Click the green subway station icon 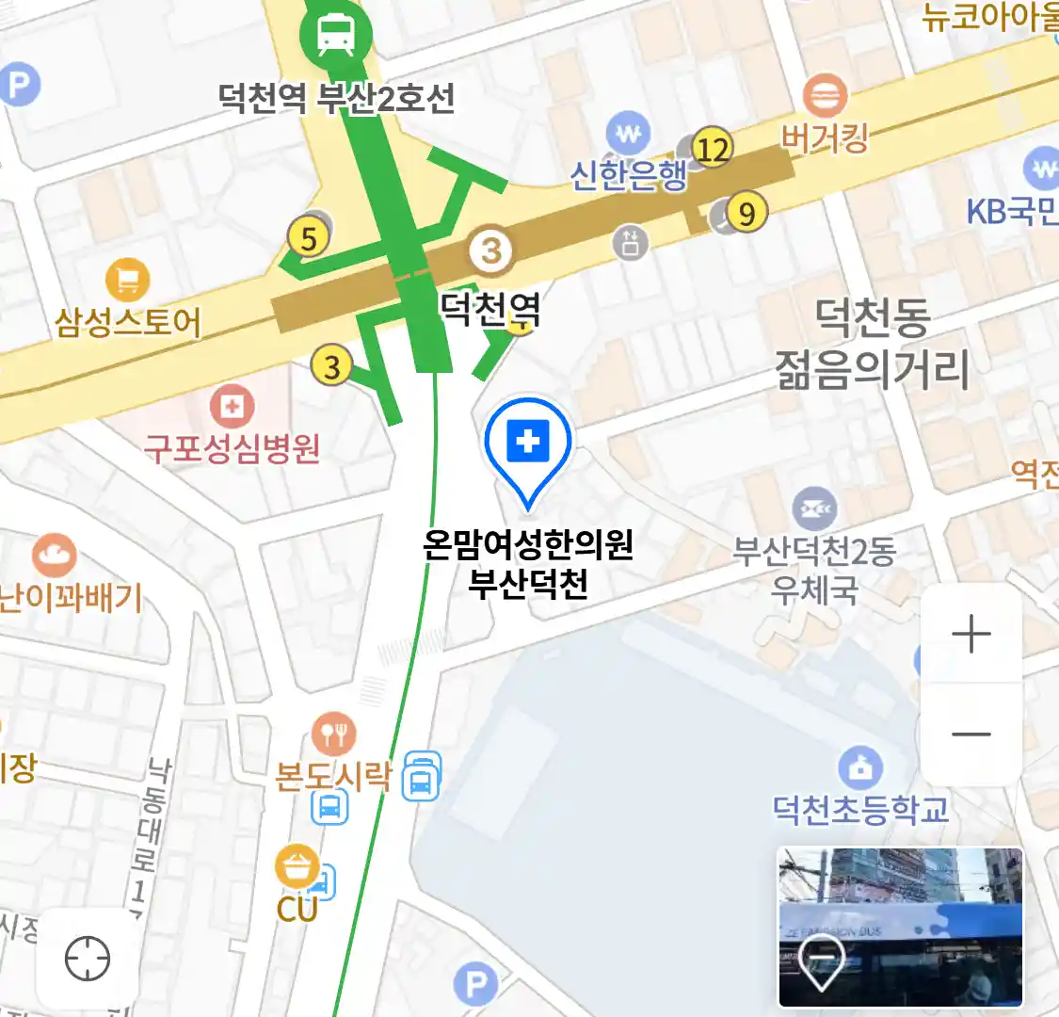(x=335, y=36)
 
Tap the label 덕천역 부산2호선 (x=336, y=98)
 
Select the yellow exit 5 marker (x=309, y=237)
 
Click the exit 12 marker (x=713, y=149)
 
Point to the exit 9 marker (x=746, y=214)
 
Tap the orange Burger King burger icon (x=825, y=96)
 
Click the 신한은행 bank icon (x=629, y=134)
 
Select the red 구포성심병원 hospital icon (x=232, y=407)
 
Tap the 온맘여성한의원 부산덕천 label (x=528, y=564)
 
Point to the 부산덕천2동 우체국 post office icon (x=814, y=509)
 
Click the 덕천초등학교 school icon (x=859, y=767)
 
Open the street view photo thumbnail (x=900, y=927)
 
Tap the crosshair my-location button (x=88, y=960)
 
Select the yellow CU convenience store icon (x=298, y=866)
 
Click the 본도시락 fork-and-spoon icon (x=332, y=734)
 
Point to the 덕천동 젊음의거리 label (x=872, y=344)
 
